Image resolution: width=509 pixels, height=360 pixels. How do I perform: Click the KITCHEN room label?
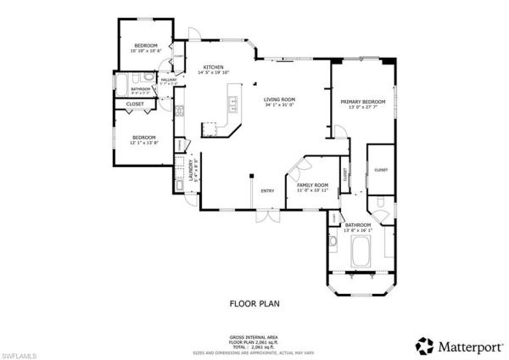(212, 67)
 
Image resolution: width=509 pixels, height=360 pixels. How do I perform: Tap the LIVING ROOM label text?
(280, 99)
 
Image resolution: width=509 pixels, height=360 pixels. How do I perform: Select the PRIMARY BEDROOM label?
(364, 101)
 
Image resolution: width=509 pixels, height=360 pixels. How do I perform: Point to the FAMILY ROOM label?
(312, 185)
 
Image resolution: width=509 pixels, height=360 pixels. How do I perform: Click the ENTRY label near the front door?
(267, 190)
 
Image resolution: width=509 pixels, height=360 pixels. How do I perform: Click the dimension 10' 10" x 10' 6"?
(146, 51)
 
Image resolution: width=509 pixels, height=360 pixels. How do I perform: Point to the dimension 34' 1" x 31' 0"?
(280, 105)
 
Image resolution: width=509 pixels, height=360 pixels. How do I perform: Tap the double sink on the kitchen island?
(231, 106)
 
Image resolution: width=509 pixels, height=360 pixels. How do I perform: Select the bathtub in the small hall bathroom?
(123, 87)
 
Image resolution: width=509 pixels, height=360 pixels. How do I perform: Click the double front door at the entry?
(267, 216)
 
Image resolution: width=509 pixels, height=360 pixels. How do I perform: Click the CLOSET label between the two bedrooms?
(135, 104)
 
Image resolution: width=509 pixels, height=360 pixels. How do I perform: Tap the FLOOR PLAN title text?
(254, 302)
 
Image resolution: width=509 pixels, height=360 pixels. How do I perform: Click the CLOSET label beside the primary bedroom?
(381, 170)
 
